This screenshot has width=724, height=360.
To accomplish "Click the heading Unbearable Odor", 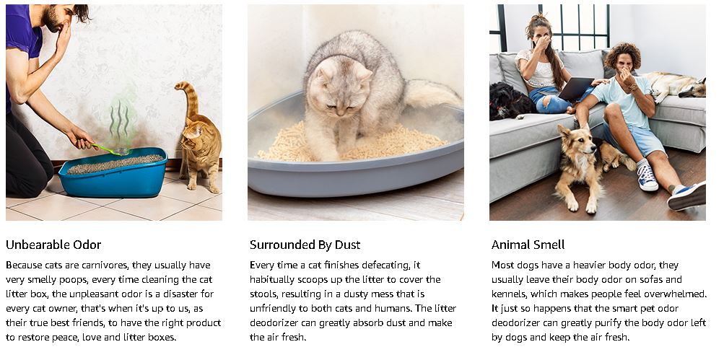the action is coord(53,245).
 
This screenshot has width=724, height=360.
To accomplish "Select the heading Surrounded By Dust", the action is coord(305,245).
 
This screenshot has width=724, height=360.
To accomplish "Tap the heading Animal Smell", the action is coord(528,245).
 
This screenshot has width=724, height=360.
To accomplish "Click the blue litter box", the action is coord(113,172).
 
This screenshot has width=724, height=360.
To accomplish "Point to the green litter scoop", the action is coord(111,149).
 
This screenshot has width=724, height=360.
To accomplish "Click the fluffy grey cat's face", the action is coord(340,89).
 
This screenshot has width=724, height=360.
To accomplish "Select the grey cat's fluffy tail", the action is coord(432,94).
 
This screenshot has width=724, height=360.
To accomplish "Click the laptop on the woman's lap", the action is coord(575,88).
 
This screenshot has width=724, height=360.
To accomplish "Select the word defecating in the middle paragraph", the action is coord(386,265).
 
